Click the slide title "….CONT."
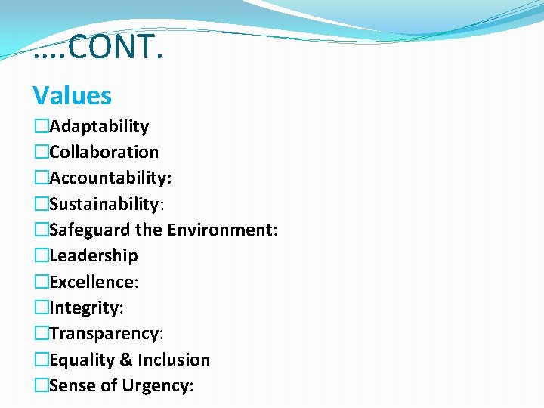click(x=98, y=48)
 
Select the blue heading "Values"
click(x=72, y=96)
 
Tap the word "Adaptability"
click(x=99, y=126)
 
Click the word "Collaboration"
click(x=104, y=152)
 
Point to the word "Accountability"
click(x=110, y=178)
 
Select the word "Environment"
click(x=220, y=230)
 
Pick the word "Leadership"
click(x=94, y=255)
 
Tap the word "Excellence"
click(x=91, y=282)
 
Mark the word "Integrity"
click(x=84, y=308)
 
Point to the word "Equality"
click(x=82, y=360)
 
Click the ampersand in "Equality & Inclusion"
click(x=126, y=360)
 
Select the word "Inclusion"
click(x=174, y=360)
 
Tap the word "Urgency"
click(x=154, y=385)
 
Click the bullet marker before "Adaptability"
click(x=41, y=126)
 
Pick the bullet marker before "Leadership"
click(x=41, y=255)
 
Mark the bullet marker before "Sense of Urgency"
click(x=41, y=385)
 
